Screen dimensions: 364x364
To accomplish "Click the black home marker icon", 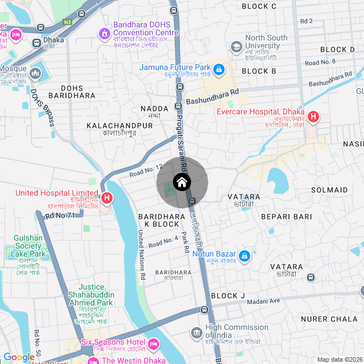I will coord(182,182).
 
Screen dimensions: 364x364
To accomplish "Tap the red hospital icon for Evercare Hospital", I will coord(313,118).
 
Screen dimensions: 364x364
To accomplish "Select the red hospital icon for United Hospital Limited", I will coord(106,198).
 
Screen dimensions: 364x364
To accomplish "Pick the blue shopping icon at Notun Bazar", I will coord(245,257).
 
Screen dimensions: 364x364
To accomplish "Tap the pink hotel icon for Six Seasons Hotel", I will coord(153,344).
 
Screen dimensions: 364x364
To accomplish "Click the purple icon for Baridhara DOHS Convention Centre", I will coord(104,35).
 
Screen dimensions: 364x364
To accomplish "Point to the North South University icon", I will coord(236,47).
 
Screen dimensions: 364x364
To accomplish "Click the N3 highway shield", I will coord(68,22).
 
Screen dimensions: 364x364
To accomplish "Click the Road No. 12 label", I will coord(146,169).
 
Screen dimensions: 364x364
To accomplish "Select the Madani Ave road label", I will coord(263,301).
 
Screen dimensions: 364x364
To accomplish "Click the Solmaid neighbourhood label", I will coord(329,189).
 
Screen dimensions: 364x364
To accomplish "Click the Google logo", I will coord(19,357).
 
